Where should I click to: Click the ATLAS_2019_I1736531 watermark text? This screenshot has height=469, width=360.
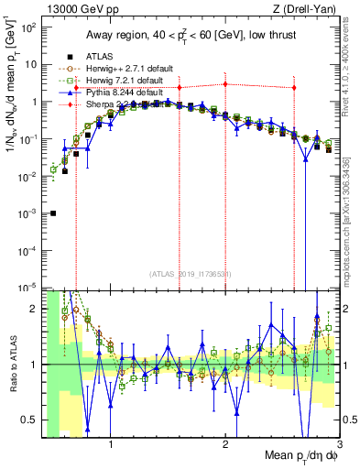coord(190,274)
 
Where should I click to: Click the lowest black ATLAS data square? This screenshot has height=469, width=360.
coord(53,213)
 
